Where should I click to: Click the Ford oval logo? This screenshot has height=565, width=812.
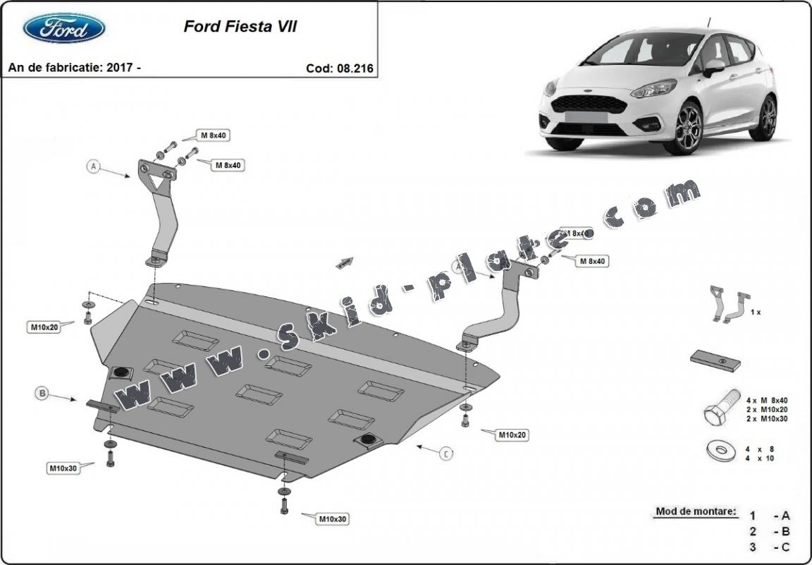pos(64,28)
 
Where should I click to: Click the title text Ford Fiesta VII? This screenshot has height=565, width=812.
pos(240,27)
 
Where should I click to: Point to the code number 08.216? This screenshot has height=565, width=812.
pos(355,68)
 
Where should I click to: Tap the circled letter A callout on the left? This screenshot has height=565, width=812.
pos(92,167)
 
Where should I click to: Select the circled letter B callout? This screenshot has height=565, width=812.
pos(43,394)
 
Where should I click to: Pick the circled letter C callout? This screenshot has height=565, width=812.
pos(446,454)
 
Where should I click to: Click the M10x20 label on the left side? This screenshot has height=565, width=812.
pos(44,327)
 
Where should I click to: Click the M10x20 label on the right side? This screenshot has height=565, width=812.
pos(512,435)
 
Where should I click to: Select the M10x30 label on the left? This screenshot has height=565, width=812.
pos(63,468)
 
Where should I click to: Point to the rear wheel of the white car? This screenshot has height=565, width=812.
pos(763,118)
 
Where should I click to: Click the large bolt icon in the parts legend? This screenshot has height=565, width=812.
pos(718,409)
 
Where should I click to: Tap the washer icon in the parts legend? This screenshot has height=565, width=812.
pos(718,450)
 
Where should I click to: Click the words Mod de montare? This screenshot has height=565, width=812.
pos(696,511)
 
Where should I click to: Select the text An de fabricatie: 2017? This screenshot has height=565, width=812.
pos(74,68)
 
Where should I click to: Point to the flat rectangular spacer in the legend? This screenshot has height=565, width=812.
pos(715,360)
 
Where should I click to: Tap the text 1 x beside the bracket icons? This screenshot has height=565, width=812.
pos(756,312)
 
